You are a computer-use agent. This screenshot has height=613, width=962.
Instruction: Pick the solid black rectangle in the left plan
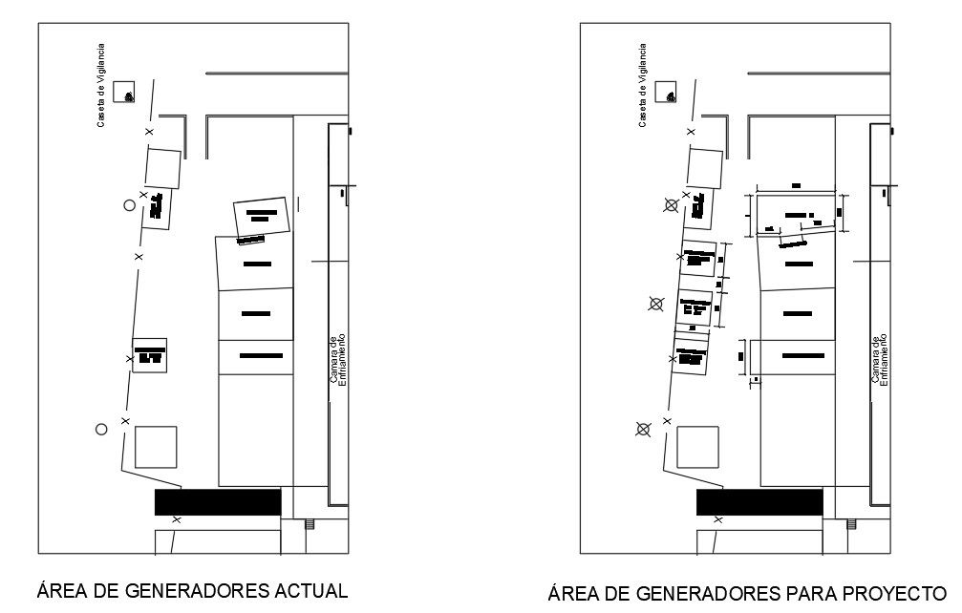point(218,502)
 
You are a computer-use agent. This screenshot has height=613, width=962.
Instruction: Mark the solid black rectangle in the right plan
point(759,502)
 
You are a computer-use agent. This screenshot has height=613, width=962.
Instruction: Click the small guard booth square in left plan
point(125,93)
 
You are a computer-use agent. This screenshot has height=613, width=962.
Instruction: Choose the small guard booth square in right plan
point(667,93)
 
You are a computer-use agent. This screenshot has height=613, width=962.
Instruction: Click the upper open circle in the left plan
point(129,204)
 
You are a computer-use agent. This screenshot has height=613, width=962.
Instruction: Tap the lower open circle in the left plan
point(101,430)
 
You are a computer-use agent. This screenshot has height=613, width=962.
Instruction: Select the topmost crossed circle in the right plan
point(672,204)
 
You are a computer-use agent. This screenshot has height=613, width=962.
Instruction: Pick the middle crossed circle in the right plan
point(655,305)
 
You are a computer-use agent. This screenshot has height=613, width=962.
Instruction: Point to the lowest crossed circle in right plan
point(643,430)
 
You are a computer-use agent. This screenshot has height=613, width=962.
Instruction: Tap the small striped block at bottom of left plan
point(309,523)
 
